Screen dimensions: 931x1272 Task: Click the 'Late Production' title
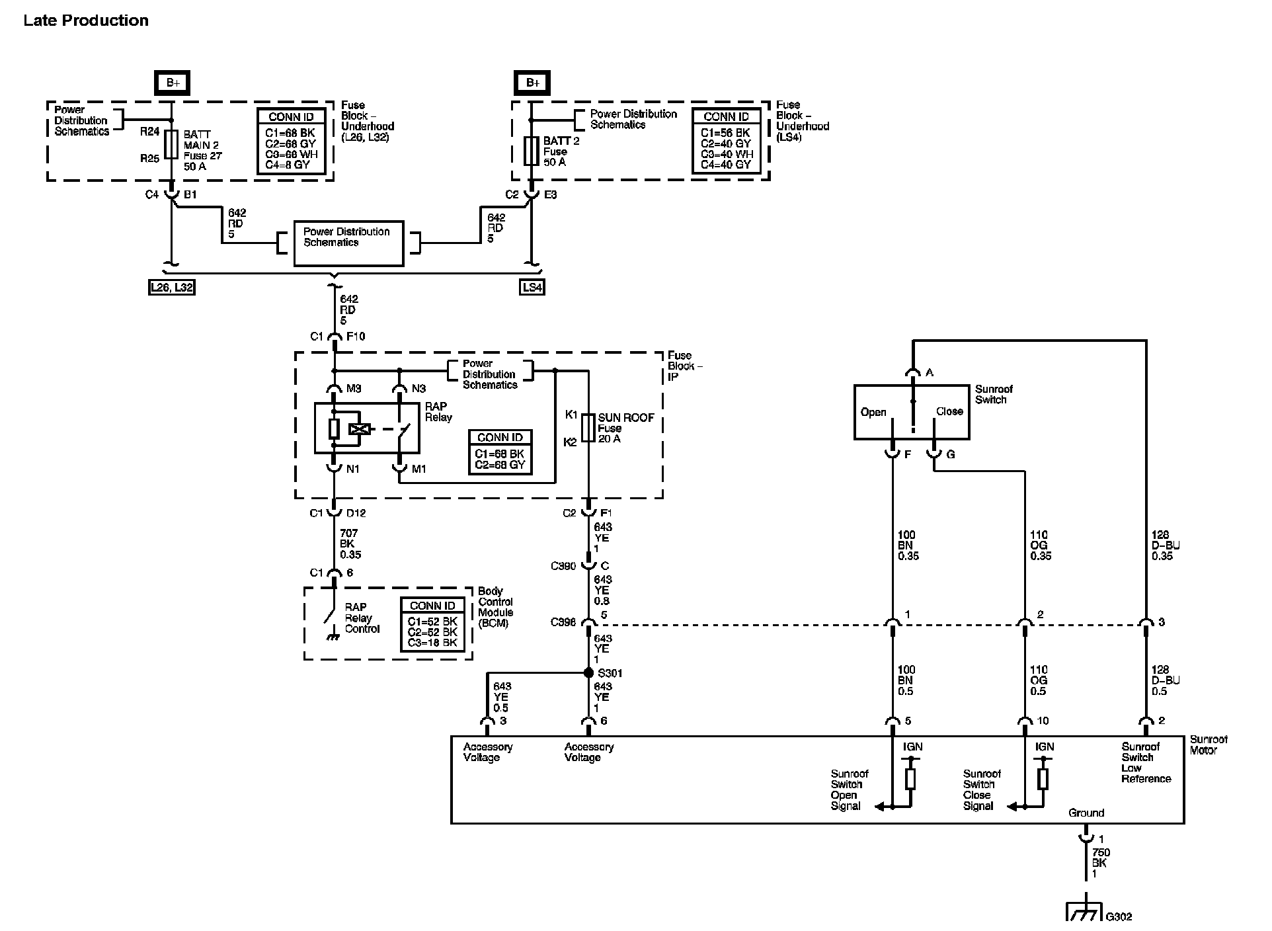click(86, 20)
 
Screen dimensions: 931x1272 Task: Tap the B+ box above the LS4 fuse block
click(532, 83)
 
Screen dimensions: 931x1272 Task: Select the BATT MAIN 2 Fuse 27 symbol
click(171, 144)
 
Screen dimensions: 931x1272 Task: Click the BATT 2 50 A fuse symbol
click(531, 151)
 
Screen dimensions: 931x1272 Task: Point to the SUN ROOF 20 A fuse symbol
click(588, 428)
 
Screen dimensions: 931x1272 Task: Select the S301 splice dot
click(588, 673)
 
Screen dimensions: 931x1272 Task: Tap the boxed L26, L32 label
click(171, 287)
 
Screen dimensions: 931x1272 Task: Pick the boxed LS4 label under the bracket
click(532, 287)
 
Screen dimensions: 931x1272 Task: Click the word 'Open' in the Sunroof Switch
click(873, 412)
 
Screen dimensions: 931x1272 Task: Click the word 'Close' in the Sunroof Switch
click(949, 411)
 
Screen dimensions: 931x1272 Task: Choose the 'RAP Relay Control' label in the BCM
click(362, 618)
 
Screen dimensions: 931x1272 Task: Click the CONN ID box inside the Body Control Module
click(432, 624)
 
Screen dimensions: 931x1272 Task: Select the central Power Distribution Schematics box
click(348, 243)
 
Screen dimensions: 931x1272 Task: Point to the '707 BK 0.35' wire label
click(350, 544)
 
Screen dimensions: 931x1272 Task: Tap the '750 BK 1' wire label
click(1100, 863)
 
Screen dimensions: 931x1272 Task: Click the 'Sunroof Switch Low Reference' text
click(1145, 762)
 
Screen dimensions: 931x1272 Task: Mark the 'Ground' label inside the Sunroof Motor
click(1086, 813)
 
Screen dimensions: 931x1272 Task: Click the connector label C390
click(563, 566)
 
